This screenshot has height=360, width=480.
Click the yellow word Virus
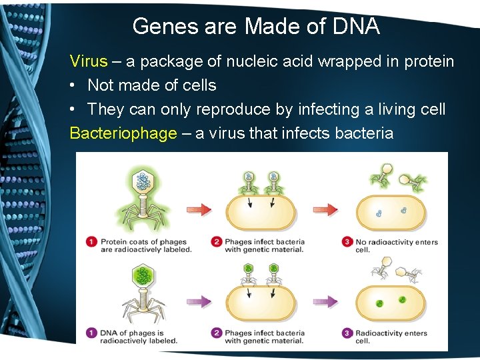pos(89,62)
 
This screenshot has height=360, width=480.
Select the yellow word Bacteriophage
pos(123,133)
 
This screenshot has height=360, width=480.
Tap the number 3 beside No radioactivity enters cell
pos(347,242)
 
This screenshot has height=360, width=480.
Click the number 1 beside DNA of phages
pos(91,333)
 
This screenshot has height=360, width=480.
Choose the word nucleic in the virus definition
pos(256,62)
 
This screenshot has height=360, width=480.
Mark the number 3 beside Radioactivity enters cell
pos(347,333)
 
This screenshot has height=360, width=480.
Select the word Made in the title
pos(269,27)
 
